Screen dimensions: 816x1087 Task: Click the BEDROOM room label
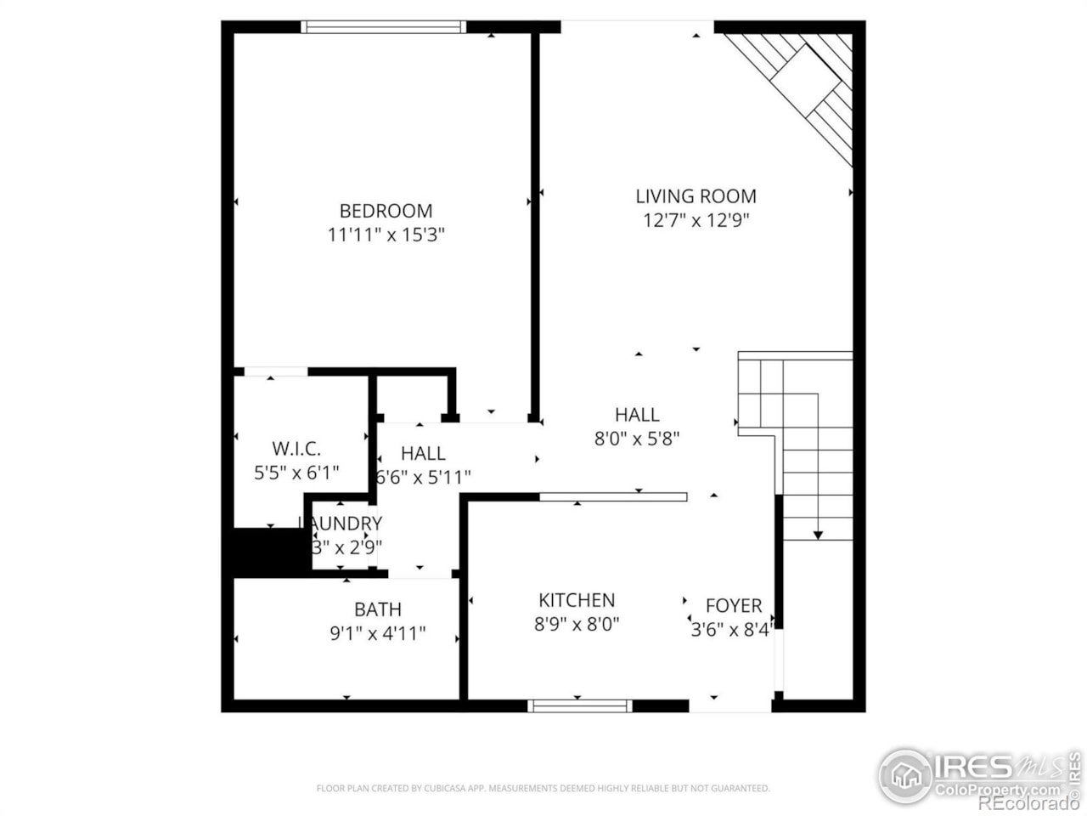[386, 211]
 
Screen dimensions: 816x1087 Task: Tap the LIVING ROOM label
[696, 196]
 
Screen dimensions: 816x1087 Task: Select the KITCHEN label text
[577, 600]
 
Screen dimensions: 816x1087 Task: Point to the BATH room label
[378, 609]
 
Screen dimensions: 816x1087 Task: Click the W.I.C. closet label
[296, 449]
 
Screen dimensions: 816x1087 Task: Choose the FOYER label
[734, 605]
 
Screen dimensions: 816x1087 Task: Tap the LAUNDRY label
[341, 524]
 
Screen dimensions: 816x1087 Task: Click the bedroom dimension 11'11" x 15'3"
[386, 235]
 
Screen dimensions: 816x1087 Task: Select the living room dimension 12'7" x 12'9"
[696, 221]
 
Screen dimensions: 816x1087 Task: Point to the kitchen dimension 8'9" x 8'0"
[577, 625]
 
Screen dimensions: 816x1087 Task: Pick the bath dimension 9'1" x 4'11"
[378, 633]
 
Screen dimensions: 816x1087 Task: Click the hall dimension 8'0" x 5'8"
[637, 439]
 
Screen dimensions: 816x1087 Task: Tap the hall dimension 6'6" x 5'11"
[424, 478]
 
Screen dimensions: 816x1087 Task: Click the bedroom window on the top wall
[385, 27]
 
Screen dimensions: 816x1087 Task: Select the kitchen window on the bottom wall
[580, 705]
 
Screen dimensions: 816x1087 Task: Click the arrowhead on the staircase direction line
[818, 535]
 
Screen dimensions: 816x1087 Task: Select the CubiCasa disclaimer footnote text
[543, 789]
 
